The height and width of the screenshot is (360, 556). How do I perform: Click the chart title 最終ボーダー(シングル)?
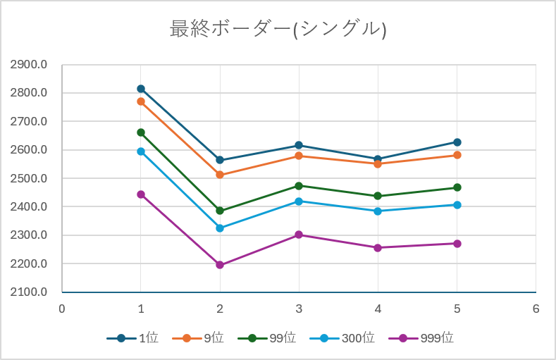[x=278, y=29]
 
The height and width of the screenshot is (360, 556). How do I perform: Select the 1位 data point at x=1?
[x=141, y=89]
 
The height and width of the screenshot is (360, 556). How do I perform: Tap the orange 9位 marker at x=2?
[x=220, y=175]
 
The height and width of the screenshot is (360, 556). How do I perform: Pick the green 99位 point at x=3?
[x=299, y=186]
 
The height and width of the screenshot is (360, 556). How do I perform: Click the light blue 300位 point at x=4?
[x=378, y=211]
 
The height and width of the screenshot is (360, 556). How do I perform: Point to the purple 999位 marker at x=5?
[x=457, y=244]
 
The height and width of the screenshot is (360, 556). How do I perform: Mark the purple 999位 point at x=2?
[x=220, y=265]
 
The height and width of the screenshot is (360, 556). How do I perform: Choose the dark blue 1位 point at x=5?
[x=457, y=142]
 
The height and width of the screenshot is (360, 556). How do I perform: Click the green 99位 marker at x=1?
[x=141, y=132]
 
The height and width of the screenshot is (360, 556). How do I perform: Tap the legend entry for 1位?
[x=132, y=338]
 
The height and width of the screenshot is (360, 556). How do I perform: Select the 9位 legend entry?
[x=198, y=338]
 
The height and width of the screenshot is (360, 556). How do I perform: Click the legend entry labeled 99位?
[x=266, y=338]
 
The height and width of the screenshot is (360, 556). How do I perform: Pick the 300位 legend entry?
[x=342, y=338]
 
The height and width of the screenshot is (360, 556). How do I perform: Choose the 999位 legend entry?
[x=421, y=338]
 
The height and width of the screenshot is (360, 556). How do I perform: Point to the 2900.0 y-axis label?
[x=28, y=65]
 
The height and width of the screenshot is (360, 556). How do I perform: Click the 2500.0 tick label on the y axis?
[x=28, y=178]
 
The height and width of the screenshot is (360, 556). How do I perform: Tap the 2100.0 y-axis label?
[x=28, y=292]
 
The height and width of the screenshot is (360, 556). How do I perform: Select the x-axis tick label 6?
[x=536, y=309]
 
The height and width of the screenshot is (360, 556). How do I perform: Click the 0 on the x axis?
[x=62, y=309]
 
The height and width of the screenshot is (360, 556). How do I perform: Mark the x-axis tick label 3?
[x=299, y=309]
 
